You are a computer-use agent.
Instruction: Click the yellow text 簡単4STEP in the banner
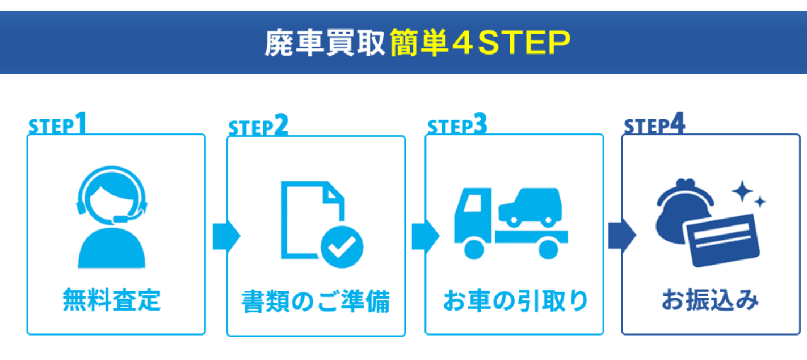click(x=480, y=44)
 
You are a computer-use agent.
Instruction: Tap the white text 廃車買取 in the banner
click(x=325, y=44)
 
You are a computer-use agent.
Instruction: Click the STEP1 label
click(x=57, y=125)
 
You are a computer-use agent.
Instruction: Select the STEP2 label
click(x=258, y=127)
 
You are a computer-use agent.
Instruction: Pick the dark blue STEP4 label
click(x=654, y=126)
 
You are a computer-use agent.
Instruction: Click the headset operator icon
click(x=112, y=216)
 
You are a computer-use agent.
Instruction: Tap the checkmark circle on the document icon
click(x=342, y=246)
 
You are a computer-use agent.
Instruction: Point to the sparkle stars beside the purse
click(x=748, y=195)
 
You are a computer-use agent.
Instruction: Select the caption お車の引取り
click(x=515, y=300)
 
